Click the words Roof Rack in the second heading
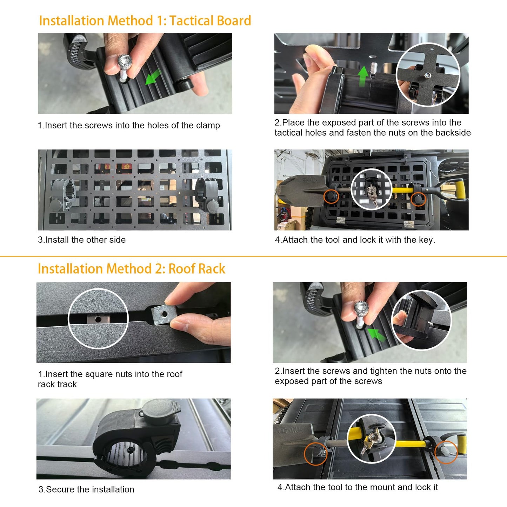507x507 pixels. pos(196,269)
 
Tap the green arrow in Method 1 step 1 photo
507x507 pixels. pos(153,77)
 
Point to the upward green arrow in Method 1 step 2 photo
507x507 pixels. pos(363,76)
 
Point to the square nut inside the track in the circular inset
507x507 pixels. pos(98,319)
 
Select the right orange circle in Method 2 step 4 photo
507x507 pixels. pos(446,452)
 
